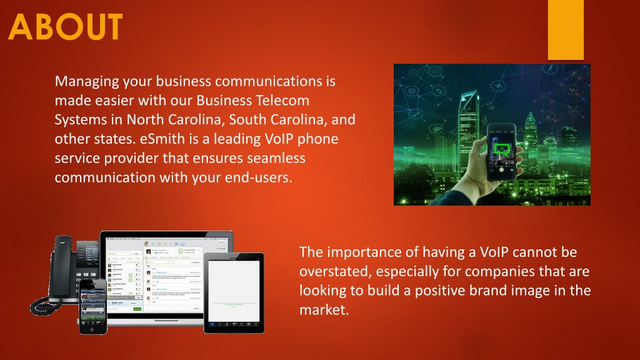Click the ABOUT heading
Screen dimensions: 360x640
point(66,27)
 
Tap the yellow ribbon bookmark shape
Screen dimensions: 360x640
point(565,28)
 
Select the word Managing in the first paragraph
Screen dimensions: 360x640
point(85,81)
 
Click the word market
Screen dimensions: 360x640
point(322,311)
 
